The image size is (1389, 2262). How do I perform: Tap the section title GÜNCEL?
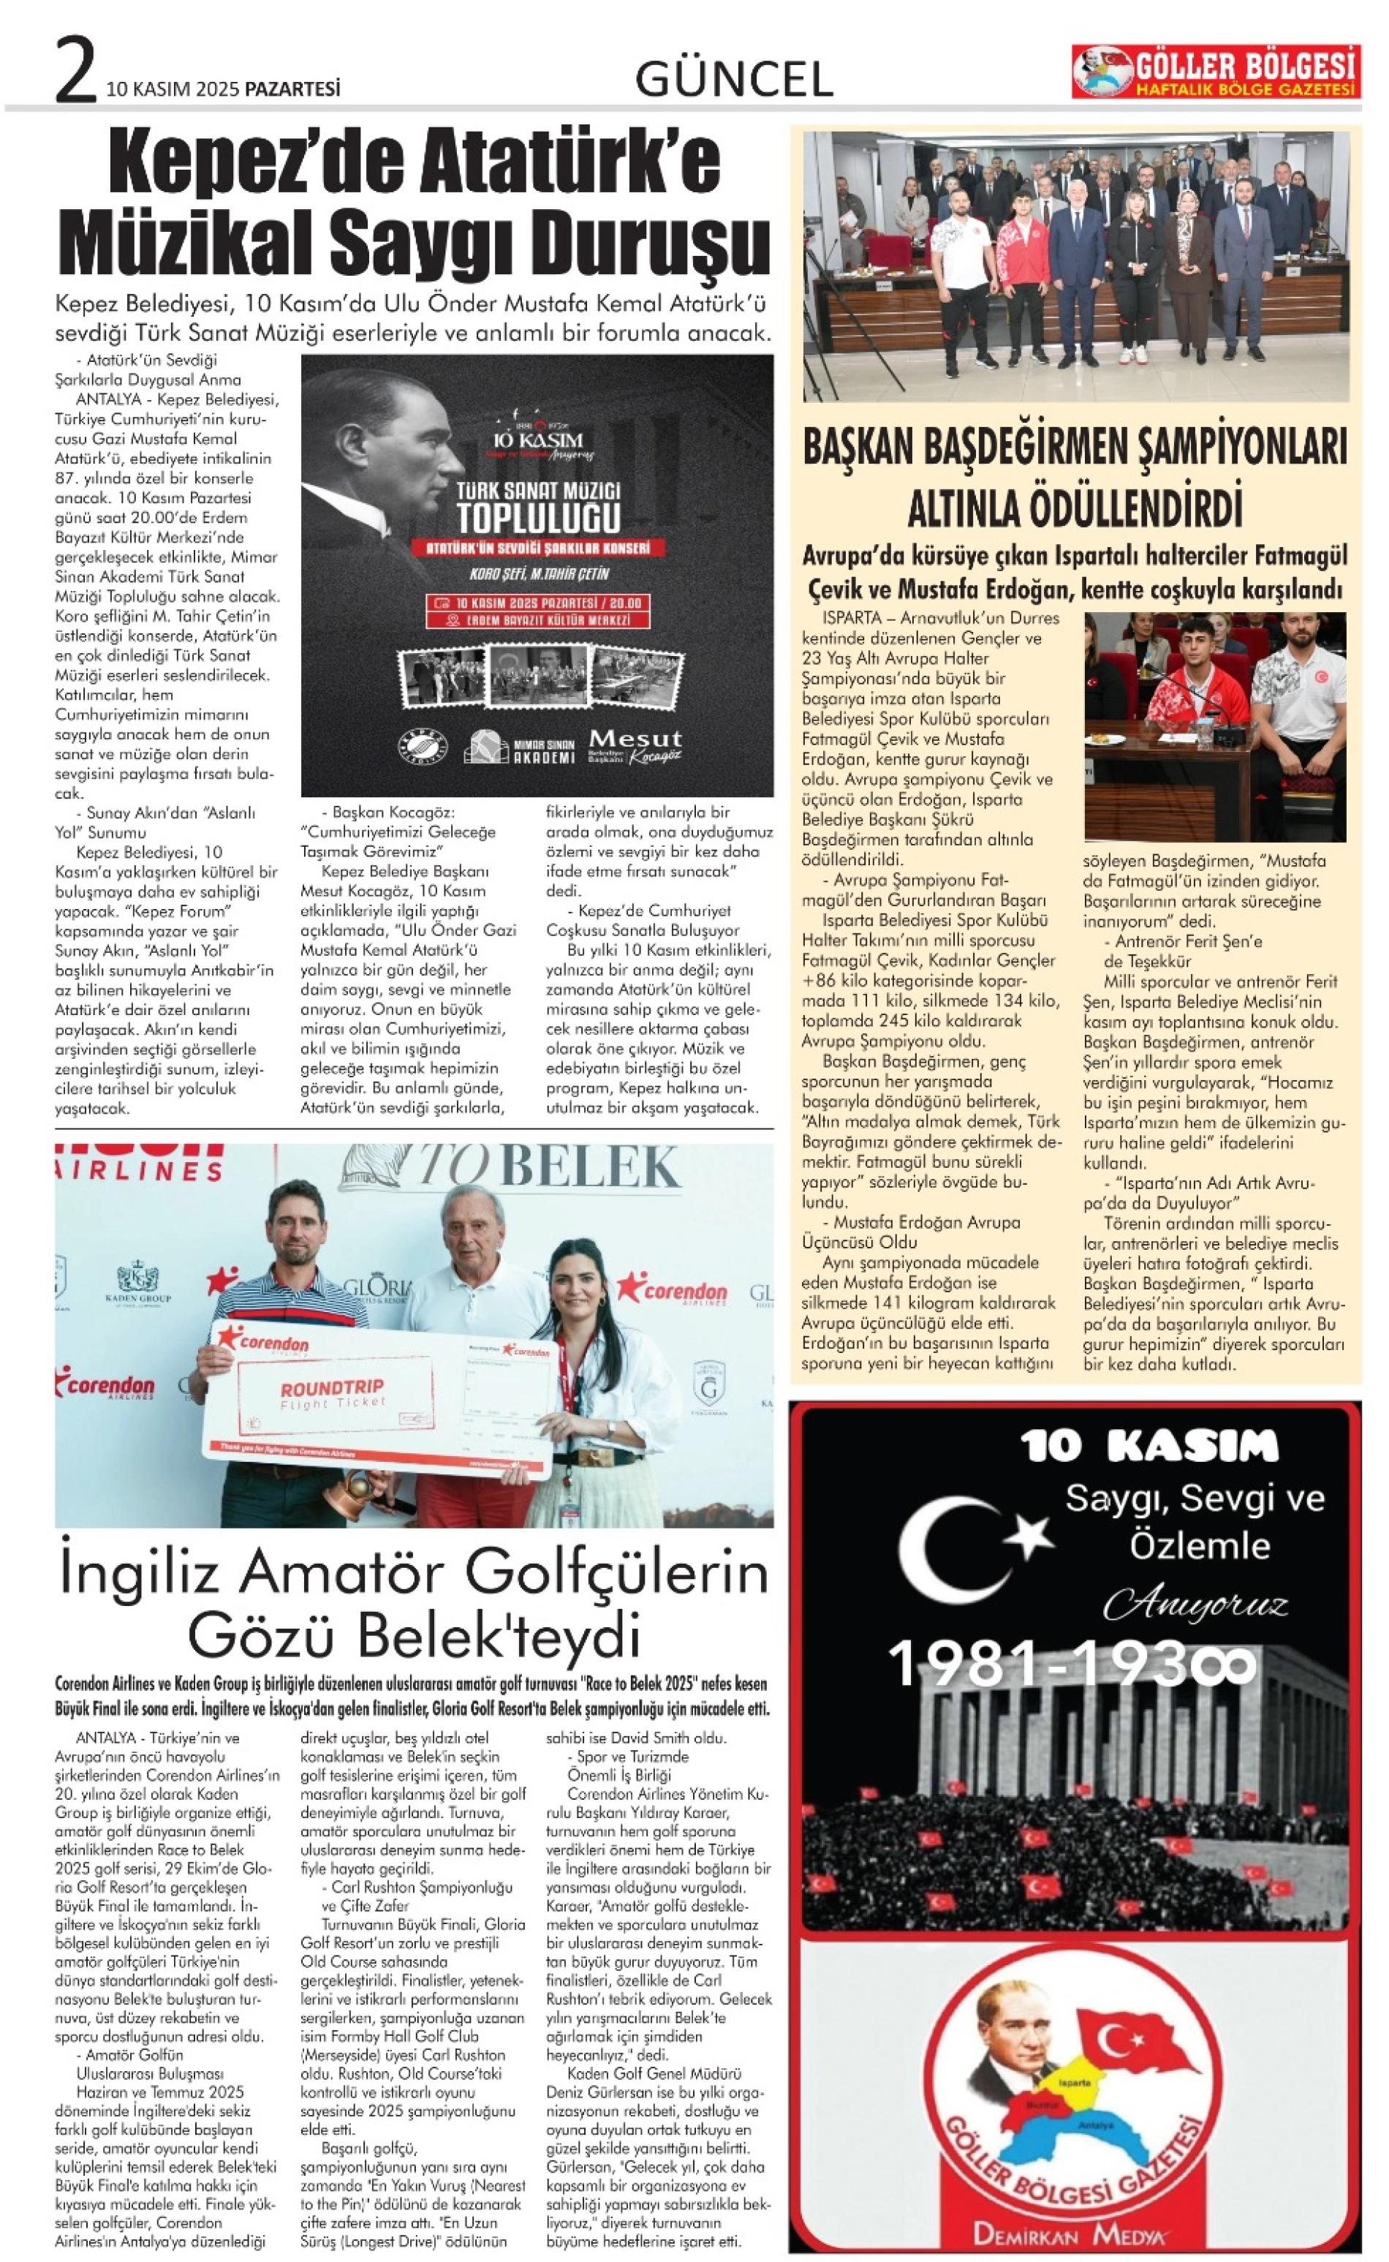point(734,79)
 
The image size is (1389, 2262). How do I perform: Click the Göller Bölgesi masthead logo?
point(1214,72)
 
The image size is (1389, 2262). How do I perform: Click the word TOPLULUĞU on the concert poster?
point(537,519)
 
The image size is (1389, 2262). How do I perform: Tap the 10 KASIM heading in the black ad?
point(1149,1445)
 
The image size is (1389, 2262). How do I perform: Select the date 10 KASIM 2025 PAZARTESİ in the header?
point(223,89)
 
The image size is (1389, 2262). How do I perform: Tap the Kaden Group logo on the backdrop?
point(143,1282)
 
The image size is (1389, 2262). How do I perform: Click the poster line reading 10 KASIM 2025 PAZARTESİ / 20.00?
point(538,603)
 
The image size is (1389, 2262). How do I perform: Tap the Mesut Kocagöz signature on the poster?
point(635,745)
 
